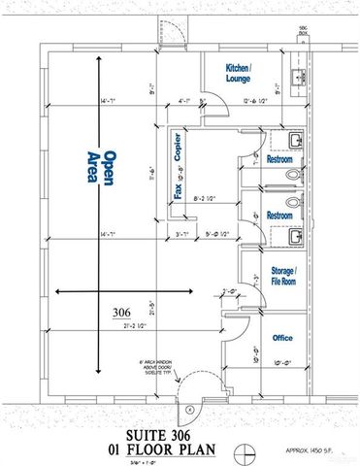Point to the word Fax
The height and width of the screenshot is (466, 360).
click(x=179, y=191)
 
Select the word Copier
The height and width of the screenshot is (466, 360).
click(x=179, y=150)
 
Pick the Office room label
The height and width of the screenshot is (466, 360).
click(x=282, y=338)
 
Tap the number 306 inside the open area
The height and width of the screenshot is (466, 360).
click(x=120, y=312)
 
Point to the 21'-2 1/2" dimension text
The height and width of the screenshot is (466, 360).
click(x=121, y=326)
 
